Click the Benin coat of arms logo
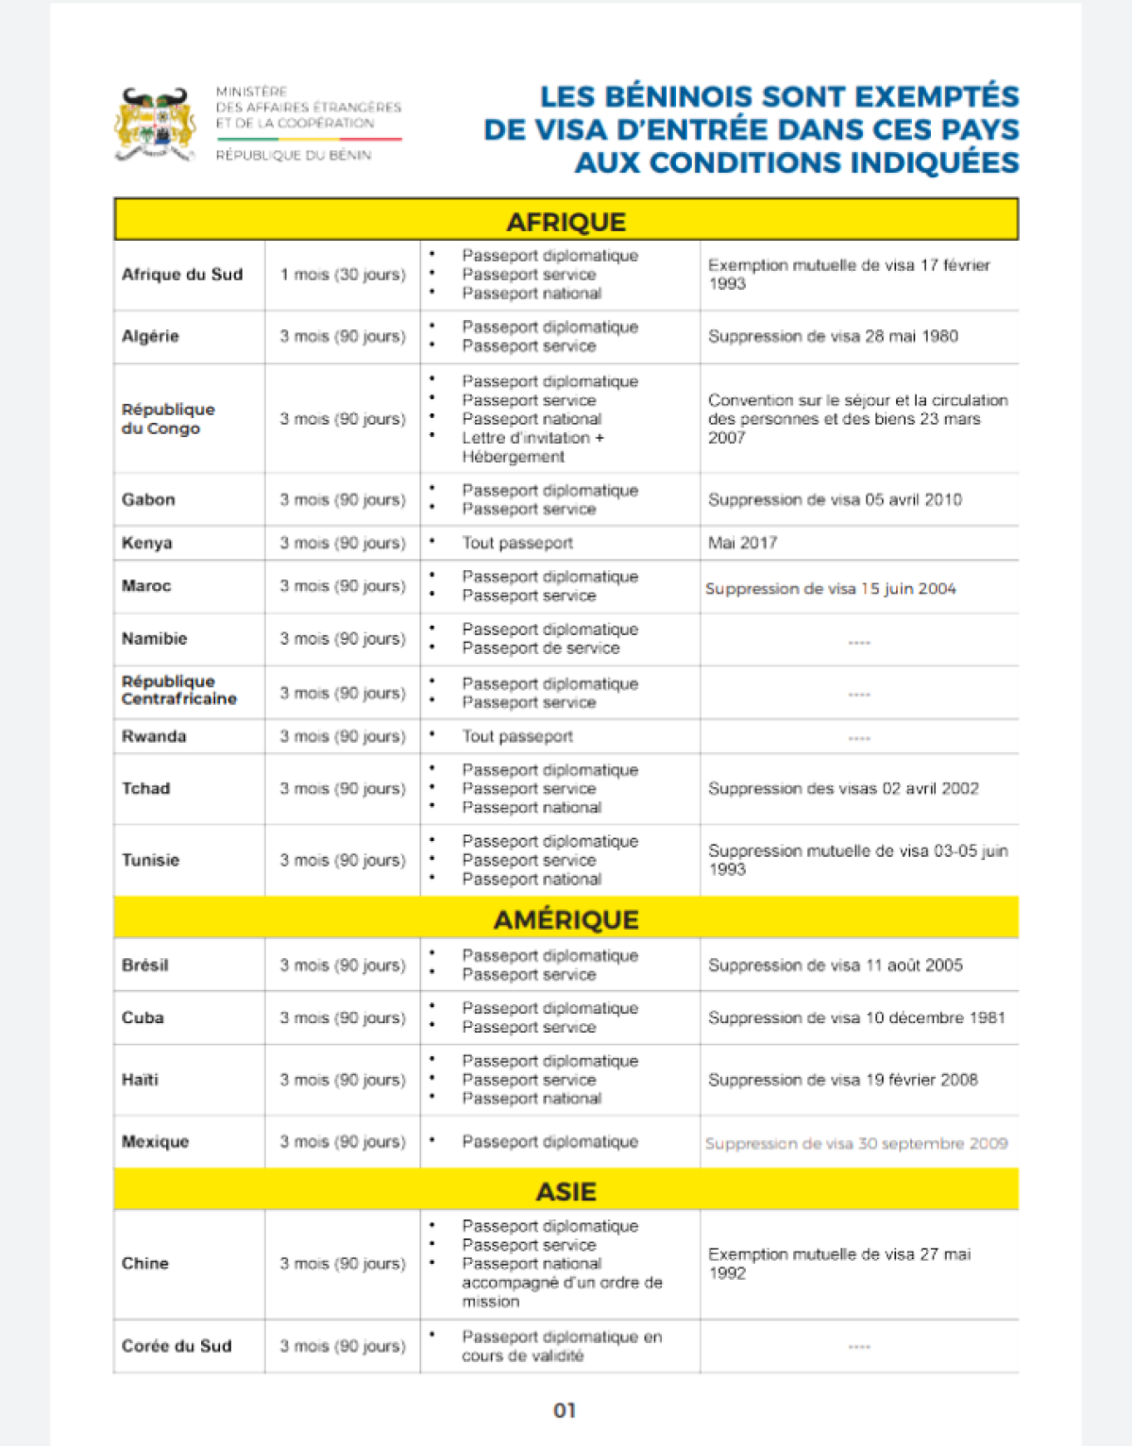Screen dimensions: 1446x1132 155,124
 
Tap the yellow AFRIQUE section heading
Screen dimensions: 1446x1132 566,221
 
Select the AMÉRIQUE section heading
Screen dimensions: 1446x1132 566,918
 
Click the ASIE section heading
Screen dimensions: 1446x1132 566,1191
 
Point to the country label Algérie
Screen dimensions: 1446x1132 150,336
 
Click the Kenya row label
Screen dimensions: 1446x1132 146,543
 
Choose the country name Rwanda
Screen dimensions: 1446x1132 153,736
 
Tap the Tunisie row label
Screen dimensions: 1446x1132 150,860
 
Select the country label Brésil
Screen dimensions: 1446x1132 144,965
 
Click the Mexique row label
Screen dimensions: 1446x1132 155,1141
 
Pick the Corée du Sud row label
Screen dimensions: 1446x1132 176,1346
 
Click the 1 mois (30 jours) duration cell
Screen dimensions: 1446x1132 342,275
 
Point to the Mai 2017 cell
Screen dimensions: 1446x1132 742,543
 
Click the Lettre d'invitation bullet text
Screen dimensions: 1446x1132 532,438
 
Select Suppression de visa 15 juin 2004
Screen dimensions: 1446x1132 830,589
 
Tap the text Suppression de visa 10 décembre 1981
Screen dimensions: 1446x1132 856,1017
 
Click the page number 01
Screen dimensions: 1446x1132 565,1410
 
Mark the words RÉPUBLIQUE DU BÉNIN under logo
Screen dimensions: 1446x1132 294,155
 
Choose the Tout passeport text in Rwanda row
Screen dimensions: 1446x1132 516,736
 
